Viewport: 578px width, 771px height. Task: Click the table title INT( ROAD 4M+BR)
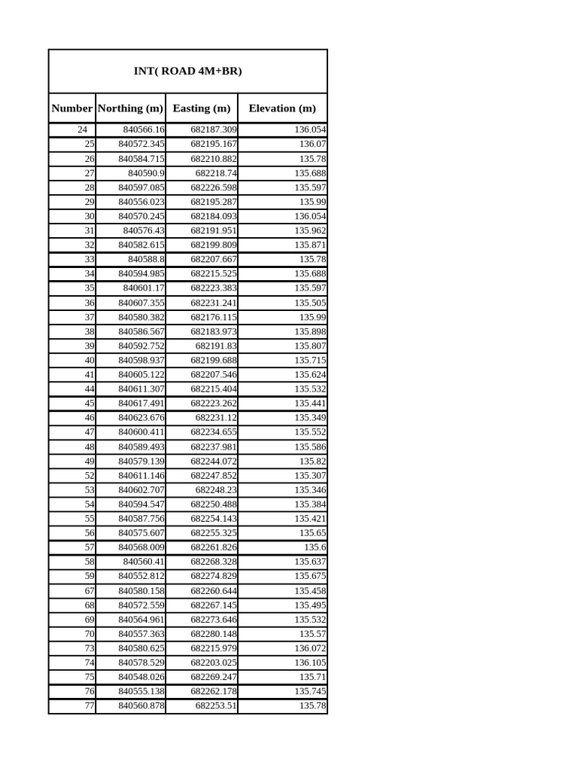187,72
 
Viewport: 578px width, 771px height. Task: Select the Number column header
72,108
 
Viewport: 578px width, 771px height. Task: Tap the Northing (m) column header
130,108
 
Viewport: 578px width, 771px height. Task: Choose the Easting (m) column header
202,108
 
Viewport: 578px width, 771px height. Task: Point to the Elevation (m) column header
282,108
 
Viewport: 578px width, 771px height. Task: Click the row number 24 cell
82,130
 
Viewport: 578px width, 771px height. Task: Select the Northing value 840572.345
141,144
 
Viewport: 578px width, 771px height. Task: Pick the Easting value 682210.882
214,159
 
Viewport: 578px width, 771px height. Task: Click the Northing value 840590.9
146,173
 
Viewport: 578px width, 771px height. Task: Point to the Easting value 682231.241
214,303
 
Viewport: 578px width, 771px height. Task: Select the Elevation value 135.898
310,331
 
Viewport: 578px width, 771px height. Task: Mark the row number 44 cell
90,389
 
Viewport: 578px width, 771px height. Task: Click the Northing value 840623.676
141,418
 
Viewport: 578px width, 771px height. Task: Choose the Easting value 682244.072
214,461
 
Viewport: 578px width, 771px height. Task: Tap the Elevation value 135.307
310,476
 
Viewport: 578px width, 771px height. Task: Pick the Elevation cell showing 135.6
315,547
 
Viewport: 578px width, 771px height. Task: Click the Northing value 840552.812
141,576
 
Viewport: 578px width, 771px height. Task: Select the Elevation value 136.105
310,663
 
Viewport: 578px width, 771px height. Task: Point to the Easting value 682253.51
216,706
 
